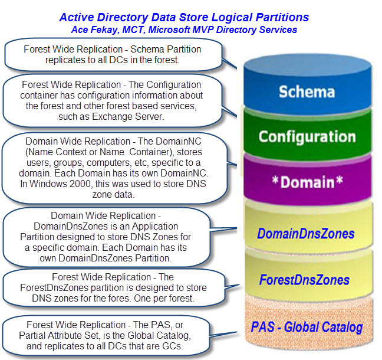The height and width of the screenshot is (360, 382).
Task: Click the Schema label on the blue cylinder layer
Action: point(307,92)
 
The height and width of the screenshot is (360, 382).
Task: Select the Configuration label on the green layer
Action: point(307,136)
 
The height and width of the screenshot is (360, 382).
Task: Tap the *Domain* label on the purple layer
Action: point(308,182)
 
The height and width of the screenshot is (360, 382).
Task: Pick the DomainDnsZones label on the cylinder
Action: point(306,234)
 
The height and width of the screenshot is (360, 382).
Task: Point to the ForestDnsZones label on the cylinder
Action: point(304,280)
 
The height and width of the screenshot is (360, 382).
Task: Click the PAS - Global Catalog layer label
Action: point(307,327)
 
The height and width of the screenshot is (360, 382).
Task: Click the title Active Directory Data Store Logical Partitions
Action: point(184,18)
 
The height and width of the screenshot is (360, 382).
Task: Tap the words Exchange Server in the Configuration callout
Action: point(127,117)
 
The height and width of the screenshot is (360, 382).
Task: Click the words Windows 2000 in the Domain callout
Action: point(60,184)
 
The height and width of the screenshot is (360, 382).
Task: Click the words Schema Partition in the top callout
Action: point(166,49)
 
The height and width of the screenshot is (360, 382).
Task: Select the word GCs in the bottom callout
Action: point(172,346)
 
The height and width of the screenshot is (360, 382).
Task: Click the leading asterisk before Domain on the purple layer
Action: point(275,180)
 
